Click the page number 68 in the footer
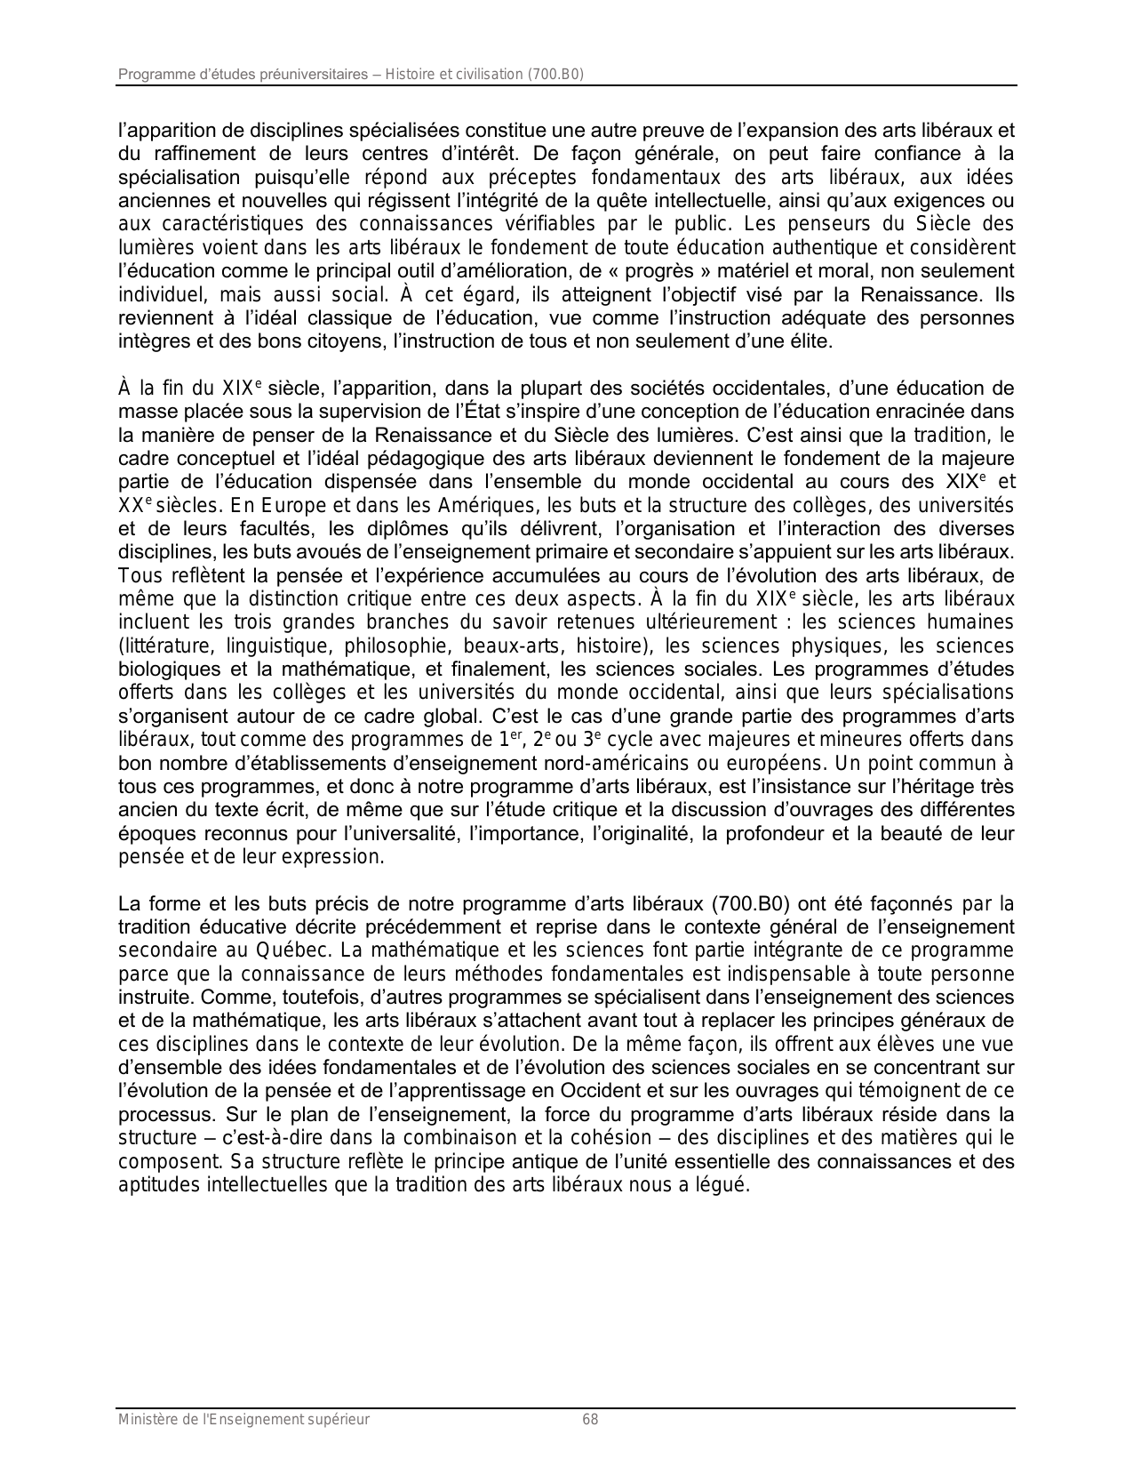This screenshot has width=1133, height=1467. coord(590,1420)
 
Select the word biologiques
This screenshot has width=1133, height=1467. coord(167,669)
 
